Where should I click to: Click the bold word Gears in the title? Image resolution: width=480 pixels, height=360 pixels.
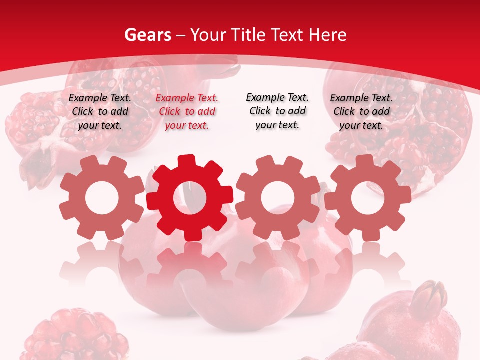tap(147, 35)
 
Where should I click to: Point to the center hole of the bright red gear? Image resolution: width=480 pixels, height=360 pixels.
tap(190, 198)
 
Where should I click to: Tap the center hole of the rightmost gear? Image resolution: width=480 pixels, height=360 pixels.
tap(367, 198)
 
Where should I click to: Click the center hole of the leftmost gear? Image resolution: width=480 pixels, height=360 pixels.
tap(102, 198)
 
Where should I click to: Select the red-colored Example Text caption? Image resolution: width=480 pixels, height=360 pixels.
tap(187, 112)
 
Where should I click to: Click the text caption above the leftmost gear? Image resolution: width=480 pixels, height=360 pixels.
tap(100, 112)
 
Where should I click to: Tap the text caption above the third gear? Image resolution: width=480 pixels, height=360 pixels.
tap(277, 111)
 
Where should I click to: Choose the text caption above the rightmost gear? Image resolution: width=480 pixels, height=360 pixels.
tap(361, 112)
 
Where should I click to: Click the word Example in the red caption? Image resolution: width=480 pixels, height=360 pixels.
tap(174, 98)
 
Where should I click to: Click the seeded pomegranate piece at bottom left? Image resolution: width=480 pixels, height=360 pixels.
tap(75, 335)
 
